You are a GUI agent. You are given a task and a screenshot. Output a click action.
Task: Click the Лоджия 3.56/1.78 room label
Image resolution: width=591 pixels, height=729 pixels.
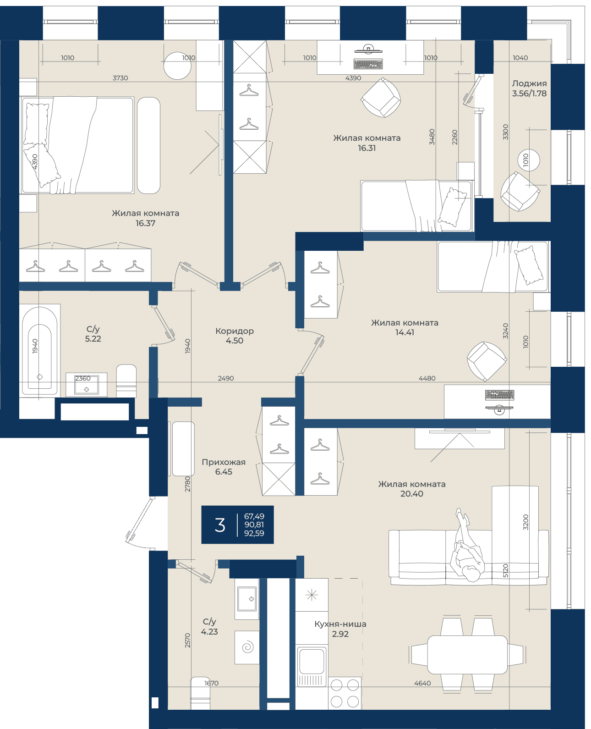click(529, 88)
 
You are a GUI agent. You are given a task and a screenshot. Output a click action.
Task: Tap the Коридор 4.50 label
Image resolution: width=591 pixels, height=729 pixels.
click(235, 336)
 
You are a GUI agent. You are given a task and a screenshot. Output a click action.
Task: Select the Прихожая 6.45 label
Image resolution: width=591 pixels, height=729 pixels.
click(224, 467)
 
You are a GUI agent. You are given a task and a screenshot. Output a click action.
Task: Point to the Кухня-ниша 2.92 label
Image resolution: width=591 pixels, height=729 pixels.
click(340, 629)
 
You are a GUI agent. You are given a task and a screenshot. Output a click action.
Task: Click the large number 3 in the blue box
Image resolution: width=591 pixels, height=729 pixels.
click(219, 525)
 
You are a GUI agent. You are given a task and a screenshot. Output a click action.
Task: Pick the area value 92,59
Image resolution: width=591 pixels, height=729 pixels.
click(254, 533)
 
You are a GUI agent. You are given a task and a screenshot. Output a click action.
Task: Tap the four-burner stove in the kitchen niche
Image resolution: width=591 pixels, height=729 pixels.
click(345, 693)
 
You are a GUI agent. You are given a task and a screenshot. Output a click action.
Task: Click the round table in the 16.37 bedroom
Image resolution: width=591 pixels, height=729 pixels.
click(177, 66)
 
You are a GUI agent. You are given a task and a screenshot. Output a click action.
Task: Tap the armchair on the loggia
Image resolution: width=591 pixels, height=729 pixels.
click(520, 192)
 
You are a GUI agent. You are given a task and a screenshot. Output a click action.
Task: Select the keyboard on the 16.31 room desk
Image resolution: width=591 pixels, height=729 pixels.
click(368, 64)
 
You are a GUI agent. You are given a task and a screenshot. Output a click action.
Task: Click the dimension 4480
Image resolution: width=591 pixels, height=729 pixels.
click(427, 378)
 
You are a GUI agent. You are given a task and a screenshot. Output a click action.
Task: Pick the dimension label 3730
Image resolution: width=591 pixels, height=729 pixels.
click(120, 78)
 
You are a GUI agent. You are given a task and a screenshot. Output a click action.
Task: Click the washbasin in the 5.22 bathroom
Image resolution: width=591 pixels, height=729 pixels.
click(86, 386)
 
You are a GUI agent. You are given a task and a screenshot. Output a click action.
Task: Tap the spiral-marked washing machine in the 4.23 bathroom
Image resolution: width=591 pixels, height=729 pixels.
click(247, 647)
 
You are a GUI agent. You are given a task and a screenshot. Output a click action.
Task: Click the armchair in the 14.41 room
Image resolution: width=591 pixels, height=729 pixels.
click(487, 361)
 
